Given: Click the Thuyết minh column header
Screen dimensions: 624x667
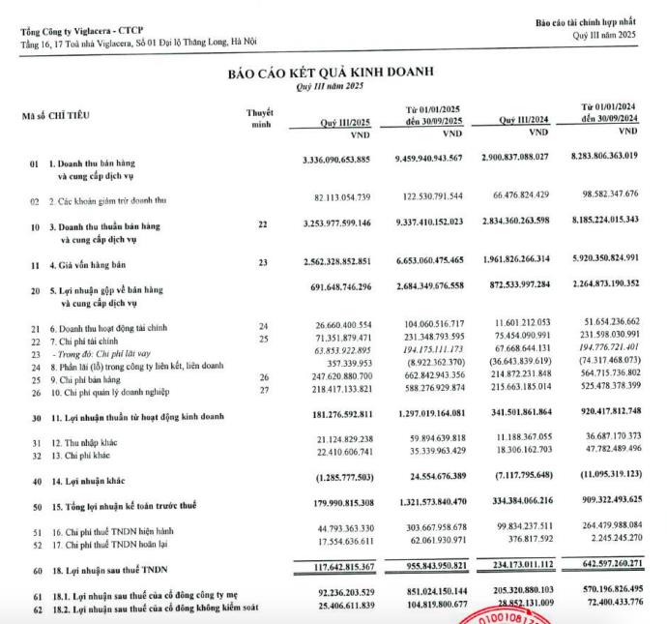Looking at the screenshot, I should (x=260, y=118).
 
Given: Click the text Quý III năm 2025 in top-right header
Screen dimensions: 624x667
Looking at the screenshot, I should (x=606, y=35).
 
